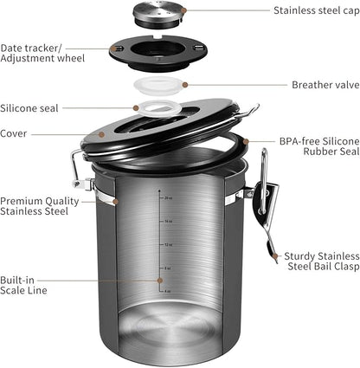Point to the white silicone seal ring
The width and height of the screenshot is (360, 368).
[158, 110]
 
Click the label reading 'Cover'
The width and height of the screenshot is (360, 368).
[15, 133]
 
